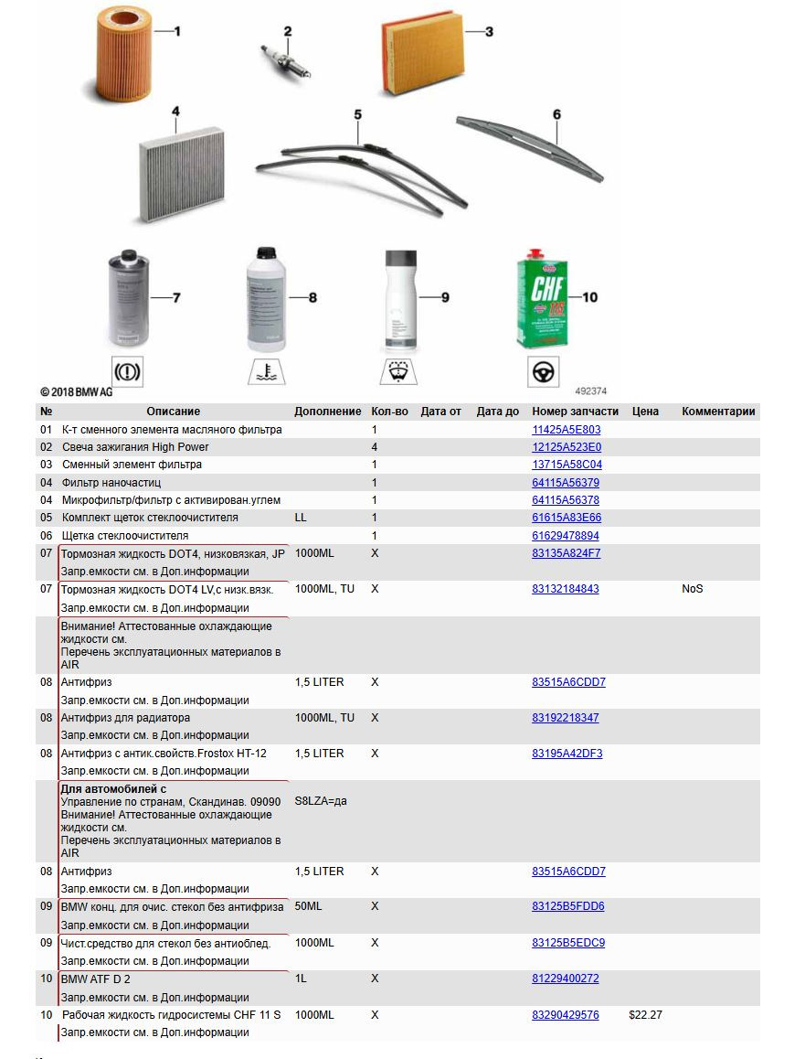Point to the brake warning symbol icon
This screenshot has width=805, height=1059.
126,372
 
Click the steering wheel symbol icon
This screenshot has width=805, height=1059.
544,372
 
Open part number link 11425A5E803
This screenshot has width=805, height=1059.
566,430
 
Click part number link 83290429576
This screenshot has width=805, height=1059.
565,1015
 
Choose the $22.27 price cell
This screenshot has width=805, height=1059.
645,1015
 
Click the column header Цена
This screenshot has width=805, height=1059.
645,412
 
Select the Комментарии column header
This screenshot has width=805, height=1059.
718,412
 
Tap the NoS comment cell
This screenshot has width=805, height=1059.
692,589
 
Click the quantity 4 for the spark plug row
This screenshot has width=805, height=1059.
375,447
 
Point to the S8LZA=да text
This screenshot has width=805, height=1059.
321,801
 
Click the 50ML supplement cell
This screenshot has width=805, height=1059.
308,907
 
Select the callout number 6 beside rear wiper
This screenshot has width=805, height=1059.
556,115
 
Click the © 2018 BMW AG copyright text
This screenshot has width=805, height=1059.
77,391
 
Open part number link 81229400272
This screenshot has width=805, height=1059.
565,979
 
